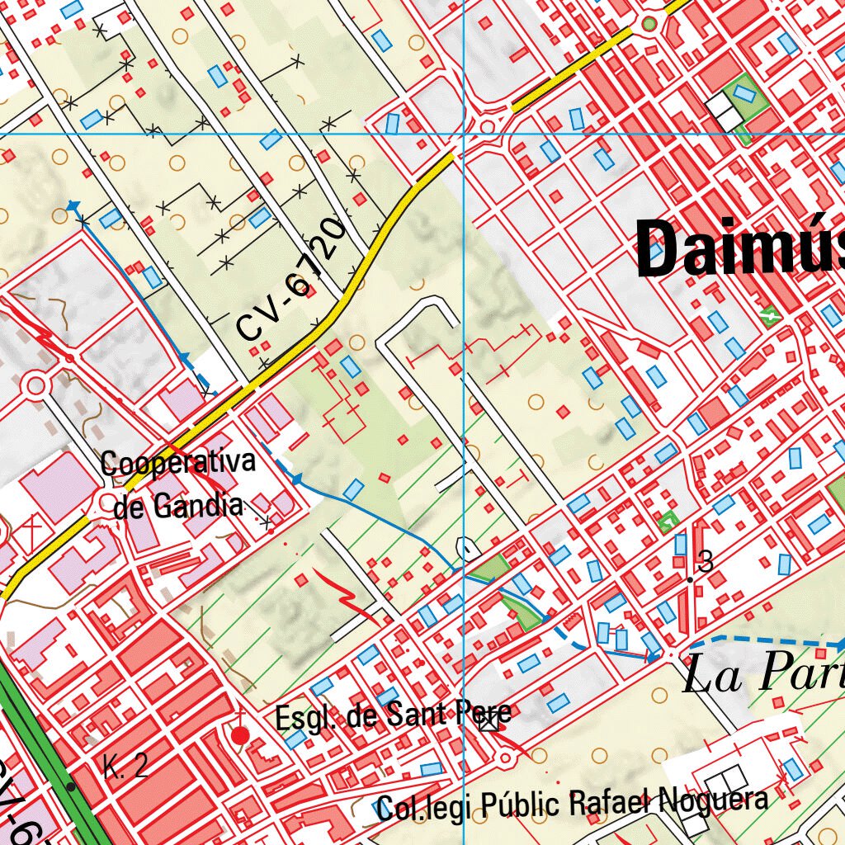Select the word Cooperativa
(x=177, y=464)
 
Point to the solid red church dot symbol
(x=240, y=735)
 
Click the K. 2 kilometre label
(x=126, y=767)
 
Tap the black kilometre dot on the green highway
(x=72, y=786)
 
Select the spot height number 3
(x=705, y=563)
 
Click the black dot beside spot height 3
(x=690, y=580)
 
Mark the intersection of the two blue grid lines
(x=463, y=133)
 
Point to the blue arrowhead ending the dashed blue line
(x=839, y=644)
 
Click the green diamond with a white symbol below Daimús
(x=772, y=314)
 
